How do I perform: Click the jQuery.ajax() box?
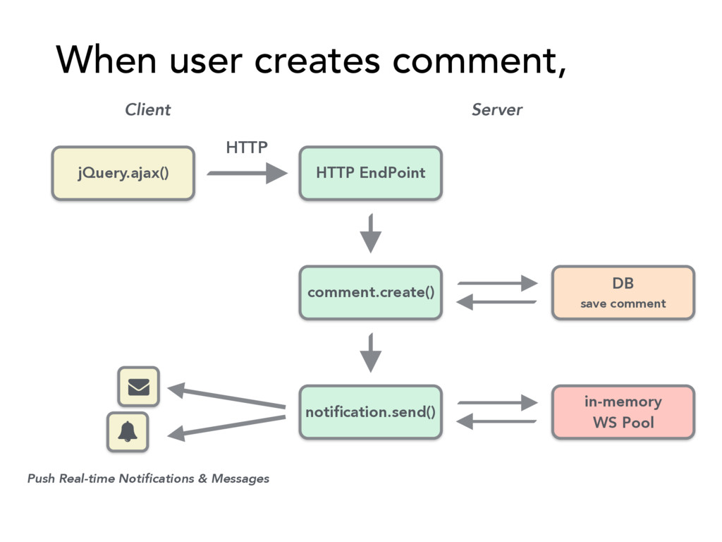coord(123,174)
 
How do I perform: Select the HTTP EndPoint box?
coord(371,174)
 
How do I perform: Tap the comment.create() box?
coord(371,293)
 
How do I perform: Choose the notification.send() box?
coord(371,412)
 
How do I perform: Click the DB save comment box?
coord(623,293)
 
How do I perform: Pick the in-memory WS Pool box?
coord(623,412)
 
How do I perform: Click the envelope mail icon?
coord(139,387)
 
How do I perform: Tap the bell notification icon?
coord(128,432)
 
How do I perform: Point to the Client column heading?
coord(148,109)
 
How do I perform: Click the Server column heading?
coord(497,109)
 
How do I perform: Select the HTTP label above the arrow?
coord(247,147)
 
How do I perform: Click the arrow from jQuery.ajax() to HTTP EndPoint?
coord(247,174)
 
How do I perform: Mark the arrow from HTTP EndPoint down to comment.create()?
coord(371,233)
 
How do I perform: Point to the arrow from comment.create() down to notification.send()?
coord(371,353)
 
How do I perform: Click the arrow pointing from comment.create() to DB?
coord(497,283)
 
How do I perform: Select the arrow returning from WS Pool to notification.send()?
coord(496,421)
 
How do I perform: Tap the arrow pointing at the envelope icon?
coord(226,397)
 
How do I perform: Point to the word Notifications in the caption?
coord(157,478)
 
